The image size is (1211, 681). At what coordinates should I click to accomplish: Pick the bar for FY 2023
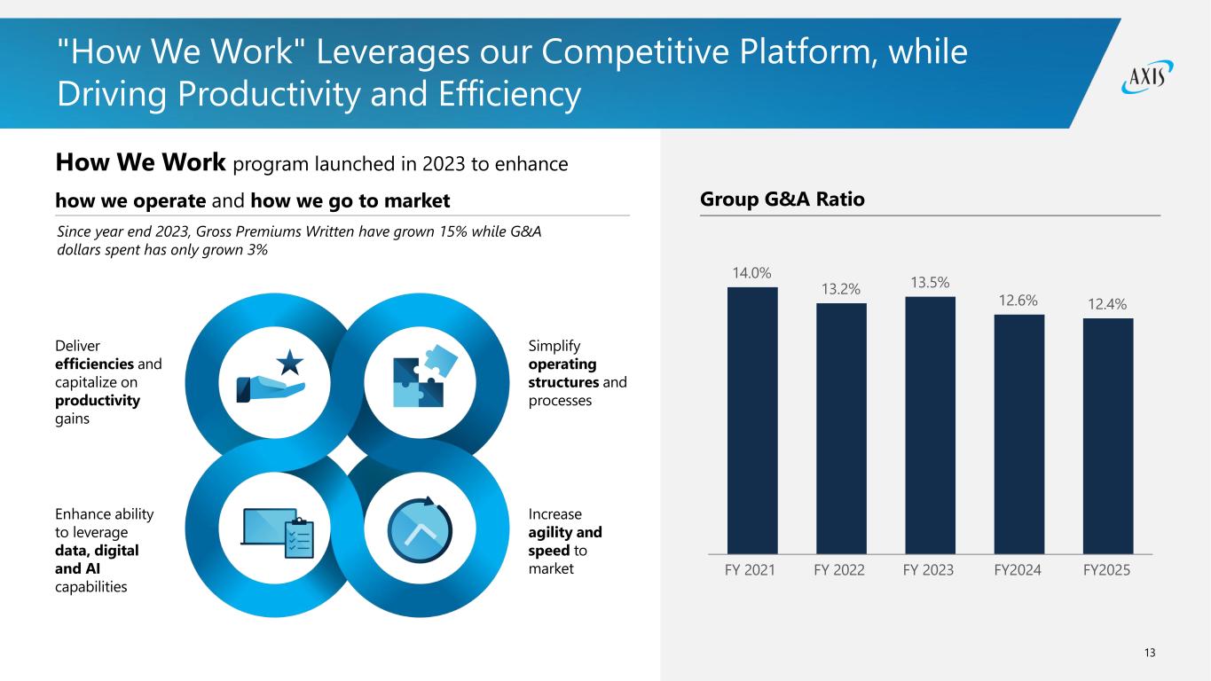pos(930,425)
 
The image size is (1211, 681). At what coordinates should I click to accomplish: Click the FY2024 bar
pos(1018,434)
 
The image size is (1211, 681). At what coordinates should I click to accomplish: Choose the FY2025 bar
pos(1108,435)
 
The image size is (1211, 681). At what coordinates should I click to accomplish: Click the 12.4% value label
pos(1107,304)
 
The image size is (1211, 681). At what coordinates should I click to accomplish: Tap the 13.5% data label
pos(930,283)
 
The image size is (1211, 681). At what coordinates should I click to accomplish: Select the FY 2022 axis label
pos(839,570)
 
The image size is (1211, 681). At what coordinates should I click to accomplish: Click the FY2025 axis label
pos(1107,570)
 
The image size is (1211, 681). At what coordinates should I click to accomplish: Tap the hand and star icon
pos(272,379)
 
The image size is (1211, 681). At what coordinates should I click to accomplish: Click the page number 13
pos(1150,653)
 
